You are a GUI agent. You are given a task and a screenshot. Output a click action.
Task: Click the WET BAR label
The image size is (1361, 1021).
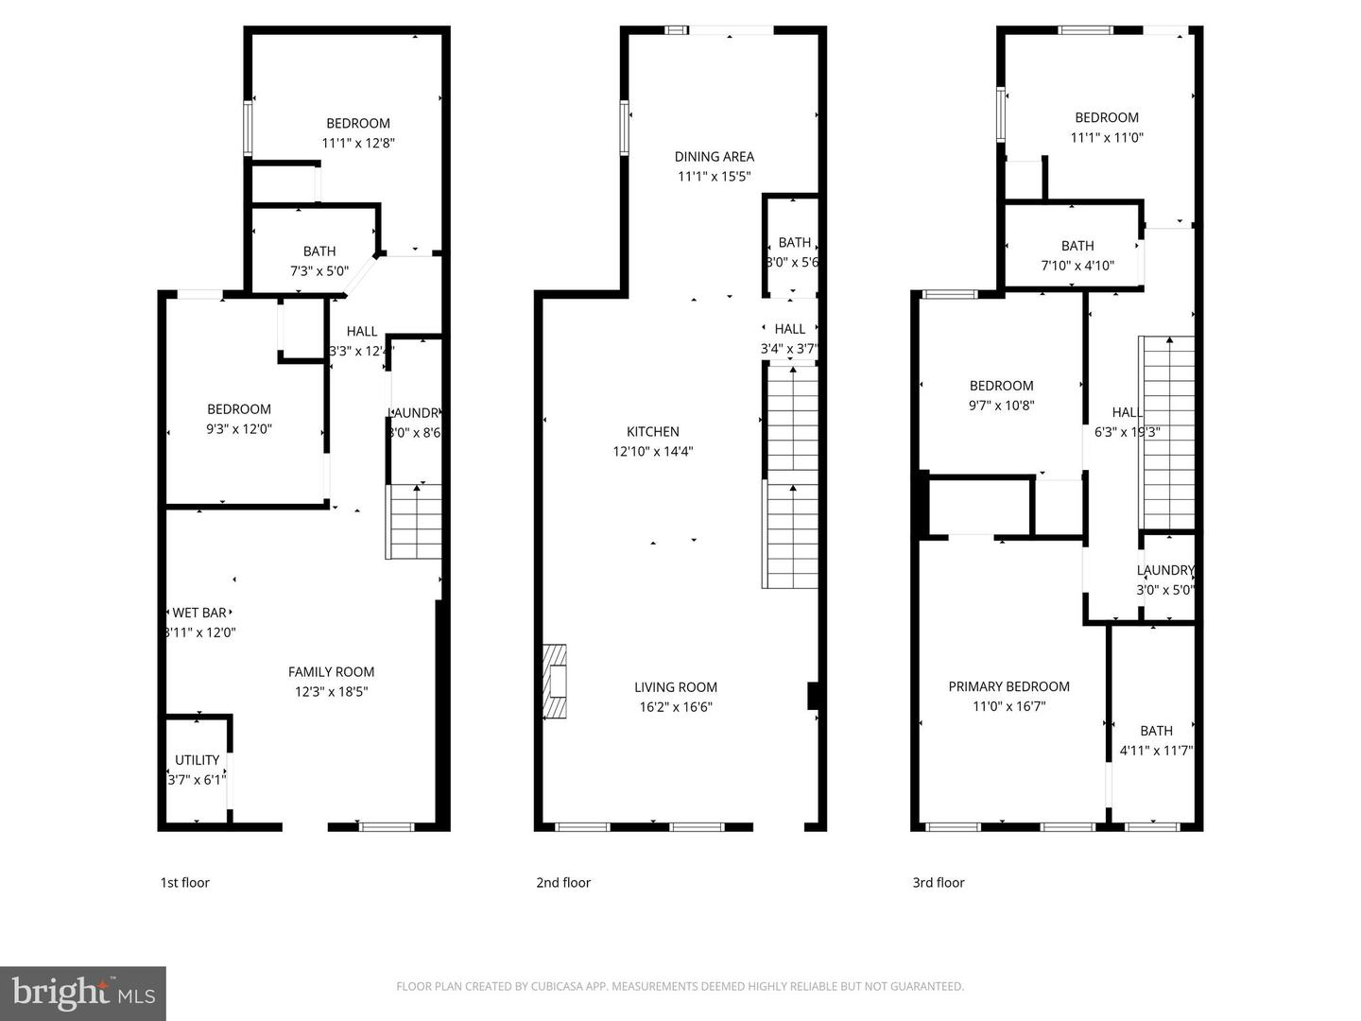click(199, 613)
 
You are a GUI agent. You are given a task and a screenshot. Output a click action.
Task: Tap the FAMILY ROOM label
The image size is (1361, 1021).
click(331, 672)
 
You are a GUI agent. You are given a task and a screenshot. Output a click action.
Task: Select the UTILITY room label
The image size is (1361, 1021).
click(197, 760)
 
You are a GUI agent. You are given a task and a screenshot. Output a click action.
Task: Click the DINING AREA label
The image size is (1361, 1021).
click(715, 157)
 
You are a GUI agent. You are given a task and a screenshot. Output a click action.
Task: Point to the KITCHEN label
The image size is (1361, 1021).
click(653, 432)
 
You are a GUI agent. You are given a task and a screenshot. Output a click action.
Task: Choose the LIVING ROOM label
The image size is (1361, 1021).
click(676, 687)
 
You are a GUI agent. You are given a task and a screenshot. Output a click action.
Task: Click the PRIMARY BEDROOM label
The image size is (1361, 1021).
click(1009, 686)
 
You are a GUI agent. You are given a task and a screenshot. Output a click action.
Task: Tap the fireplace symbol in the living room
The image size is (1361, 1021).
click(555, 683)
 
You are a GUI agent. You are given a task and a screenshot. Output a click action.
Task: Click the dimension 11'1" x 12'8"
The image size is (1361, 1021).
click(358, 144)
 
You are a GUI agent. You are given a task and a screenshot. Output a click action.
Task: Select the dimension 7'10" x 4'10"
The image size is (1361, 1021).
click(1077, 266)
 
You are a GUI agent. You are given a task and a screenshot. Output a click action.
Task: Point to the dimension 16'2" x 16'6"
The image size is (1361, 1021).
click(676, 707)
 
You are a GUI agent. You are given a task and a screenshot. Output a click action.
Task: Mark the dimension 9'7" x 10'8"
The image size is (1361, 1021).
click(1002, 406)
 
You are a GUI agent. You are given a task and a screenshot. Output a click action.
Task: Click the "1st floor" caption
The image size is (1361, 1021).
click(184, 883)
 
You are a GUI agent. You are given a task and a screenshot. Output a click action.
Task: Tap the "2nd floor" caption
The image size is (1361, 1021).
click(563, 883)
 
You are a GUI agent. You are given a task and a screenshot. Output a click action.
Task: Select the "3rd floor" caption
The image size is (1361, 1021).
click(939, 883)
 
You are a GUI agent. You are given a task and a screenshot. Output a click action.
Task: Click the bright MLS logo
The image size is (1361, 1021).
click(83, 993)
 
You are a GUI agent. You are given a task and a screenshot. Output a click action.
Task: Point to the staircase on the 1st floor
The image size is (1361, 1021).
click(415, 522)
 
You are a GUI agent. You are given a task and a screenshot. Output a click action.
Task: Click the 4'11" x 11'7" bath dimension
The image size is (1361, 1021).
click(1156, 751)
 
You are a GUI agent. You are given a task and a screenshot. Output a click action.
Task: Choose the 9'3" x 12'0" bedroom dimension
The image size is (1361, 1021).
click(239, 429)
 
